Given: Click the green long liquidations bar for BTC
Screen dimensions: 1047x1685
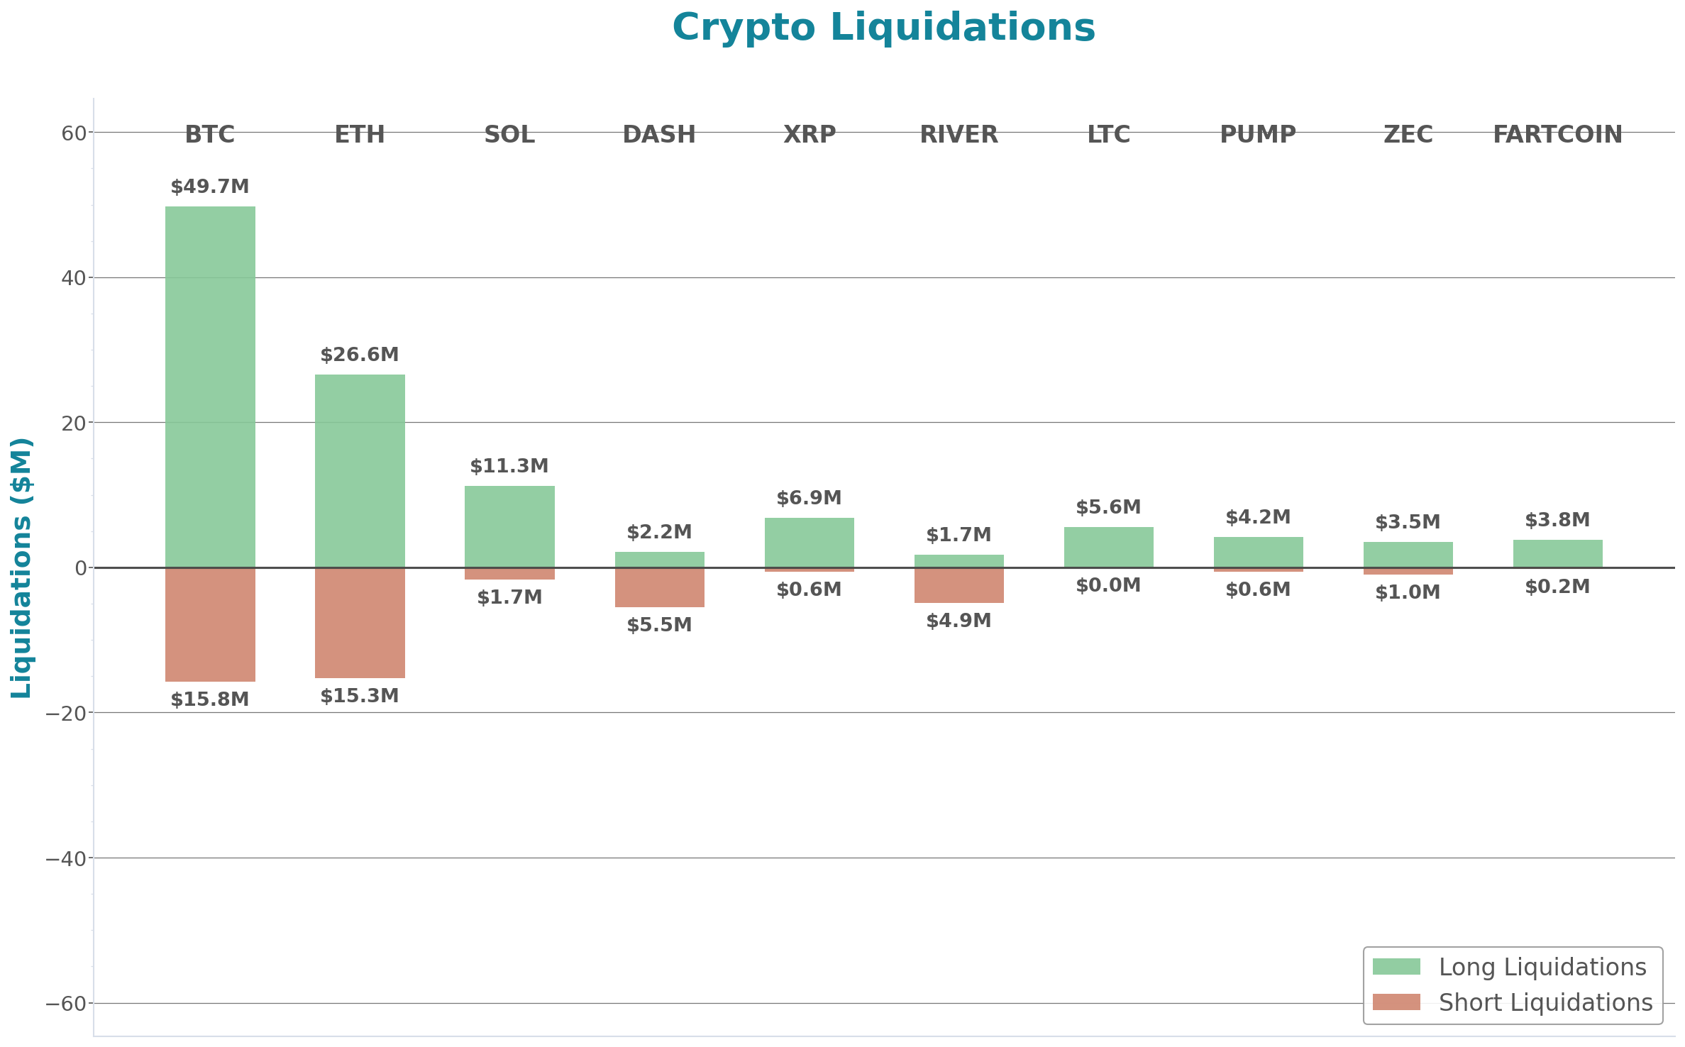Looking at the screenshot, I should tap(210, 387).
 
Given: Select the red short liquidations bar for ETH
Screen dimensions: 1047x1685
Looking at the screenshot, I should tap(360, 623).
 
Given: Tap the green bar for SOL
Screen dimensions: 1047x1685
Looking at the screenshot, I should tap(509, 526).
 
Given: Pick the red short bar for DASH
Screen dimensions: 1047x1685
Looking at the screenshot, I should tap(659, 587).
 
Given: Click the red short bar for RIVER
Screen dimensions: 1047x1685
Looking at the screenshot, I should tap(958, 585).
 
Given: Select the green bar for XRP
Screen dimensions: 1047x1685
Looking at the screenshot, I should tap(809, 543).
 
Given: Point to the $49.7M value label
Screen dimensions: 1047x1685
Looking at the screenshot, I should tap(210, 187).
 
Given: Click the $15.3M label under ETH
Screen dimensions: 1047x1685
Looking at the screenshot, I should tap(360, 696).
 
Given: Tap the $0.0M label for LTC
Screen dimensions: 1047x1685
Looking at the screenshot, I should tap(1108, 585).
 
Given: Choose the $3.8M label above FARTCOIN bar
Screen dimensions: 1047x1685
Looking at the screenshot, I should tap(1557, 520).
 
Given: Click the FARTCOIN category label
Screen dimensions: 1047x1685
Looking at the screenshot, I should tap(1557, 134).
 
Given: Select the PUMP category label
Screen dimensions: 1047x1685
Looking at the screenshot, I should tap(1258, 134).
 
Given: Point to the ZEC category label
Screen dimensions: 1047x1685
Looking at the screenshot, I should tap(1408, 134).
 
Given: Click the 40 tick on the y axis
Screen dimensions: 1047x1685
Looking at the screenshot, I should tap(73, 278).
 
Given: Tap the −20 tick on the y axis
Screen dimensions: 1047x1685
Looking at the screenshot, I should tap(65, 713).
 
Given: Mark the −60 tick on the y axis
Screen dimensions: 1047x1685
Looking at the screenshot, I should tap(65, 1004).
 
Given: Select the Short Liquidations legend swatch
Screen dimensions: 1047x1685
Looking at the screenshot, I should tap(1396, 1002).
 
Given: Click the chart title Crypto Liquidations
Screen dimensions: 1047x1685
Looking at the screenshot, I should tap(883, 28).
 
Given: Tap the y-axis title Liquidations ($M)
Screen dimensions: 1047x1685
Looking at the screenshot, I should tap(21, 567).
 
